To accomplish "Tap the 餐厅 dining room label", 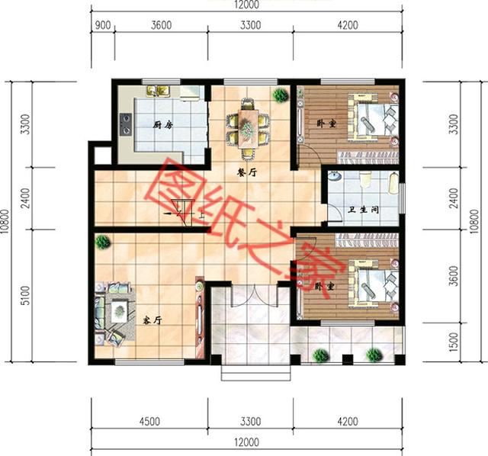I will click(246, 173).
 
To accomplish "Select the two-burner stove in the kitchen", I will click(124, 120).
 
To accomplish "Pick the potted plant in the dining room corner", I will click(280, 95).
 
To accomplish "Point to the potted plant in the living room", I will click(101, 242).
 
